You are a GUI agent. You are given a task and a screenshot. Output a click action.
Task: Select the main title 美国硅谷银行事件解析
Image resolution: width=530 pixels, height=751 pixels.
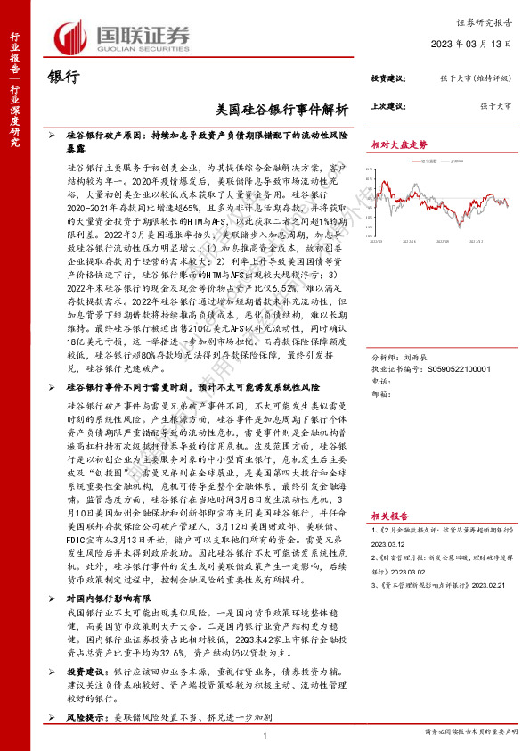click(282, 108)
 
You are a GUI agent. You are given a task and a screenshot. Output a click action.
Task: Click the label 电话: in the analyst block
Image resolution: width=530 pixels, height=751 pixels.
click(380, 356)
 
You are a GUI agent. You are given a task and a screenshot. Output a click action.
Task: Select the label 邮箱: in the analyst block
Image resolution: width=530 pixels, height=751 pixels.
click(380, 367)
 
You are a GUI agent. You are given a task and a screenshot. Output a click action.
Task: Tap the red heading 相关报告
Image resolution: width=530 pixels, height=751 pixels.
click(390, 516)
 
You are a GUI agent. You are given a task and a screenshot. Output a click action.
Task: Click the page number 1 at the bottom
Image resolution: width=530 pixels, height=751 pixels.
click(266, 734)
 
